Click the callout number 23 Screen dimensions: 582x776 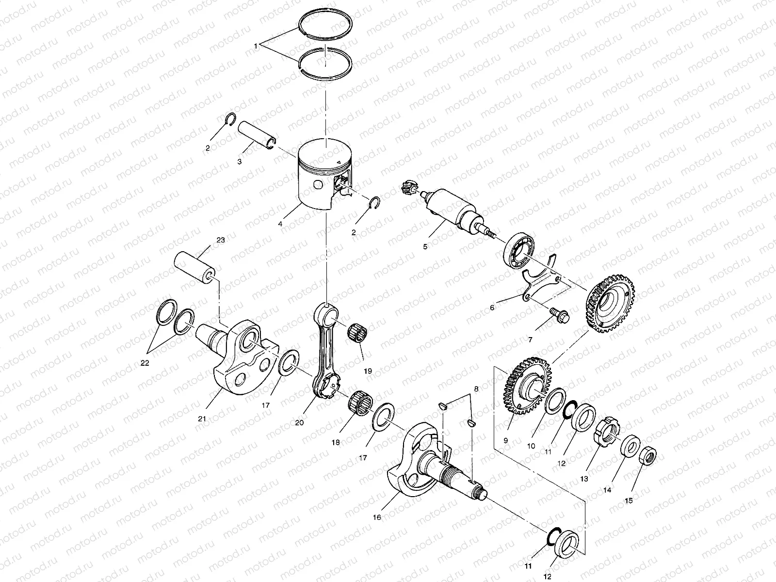point(221,240)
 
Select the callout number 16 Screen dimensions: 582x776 point(377,517)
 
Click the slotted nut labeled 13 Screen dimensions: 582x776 point(608,428)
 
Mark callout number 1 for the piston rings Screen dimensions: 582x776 point(256,46)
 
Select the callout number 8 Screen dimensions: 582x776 point(476,389)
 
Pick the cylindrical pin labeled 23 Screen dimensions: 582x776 point(195,266)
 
